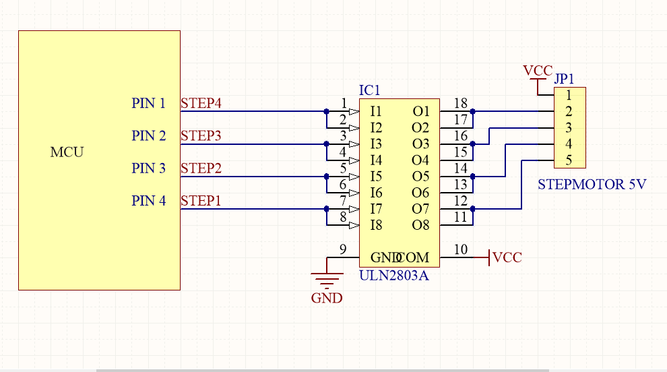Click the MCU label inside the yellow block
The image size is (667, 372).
(x=67, y=152)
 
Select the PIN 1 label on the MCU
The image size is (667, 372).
(x=148, y=103)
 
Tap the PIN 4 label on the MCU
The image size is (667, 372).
(x=148, y=200)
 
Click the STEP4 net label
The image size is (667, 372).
(x=201, y=103)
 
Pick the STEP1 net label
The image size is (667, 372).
(x=201, y=200)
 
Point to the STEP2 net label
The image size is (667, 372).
(x=201, y=168)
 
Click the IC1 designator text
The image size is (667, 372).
(x=370, y=90)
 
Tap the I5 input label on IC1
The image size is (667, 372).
(x=376, y=177)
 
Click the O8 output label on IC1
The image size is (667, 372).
(x=420, y=225)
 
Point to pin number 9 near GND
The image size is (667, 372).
(x=343, y=250)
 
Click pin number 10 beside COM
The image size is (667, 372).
(x=461, y=250)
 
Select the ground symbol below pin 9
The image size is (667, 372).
(x=326, y=278)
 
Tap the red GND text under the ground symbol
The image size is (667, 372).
(x=326, y=298)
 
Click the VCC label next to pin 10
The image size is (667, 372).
(x=507, y=257)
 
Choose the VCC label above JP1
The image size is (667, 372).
(x=538, y=71)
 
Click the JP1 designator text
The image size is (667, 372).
(x=564, y=79)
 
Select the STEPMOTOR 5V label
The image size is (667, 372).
(x=592, y=184)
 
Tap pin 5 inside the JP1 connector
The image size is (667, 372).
(x=569, y=160)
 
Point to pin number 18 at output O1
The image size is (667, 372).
(x=461, y=103)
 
